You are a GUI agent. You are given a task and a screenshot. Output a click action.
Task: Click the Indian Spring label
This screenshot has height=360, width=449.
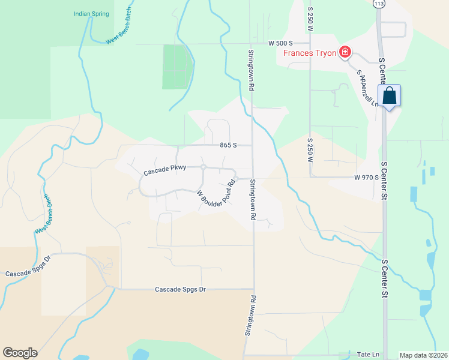91,13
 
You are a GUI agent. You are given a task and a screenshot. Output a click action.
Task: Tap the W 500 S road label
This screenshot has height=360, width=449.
280,43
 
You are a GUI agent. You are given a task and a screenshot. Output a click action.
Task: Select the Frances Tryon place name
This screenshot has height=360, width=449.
310,52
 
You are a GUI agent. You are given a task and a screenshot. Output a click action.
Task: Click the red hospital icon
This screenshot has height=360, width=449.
345,52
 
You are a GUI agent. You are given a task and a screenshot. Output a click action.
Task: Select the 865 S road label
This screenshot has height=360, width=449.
228,145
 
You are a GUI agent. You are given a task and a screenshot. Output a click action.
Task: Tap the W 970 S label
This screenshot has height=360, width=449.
366,177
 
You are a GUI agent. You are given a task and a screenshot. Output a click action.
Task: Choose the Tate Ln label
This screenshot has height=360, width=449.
367,355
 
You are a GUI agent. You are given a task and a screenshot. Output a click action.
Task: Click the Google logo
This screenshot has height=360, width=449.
20,353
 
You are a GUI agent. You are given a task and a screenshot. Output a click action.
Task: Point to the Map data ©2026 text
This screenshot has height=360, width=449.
423,355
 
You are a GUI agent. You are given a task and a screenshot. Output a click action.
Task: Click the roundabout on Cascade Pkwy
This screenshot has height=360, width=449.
203,166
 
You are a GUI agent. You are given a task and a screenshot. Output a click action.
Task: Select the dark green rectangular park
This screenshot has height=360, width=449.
178,67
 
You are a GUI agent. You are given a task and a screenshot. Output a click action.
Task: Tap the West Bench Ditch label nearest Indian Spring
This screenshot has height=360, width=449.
120,32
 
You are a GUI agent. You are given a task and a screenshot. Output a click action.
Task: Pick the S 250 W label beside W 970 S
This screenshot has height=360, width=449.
310,152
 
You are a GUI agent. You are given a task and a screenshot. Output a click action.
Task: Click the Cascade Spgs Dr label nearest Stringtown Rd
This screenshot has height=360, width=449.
181,289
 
